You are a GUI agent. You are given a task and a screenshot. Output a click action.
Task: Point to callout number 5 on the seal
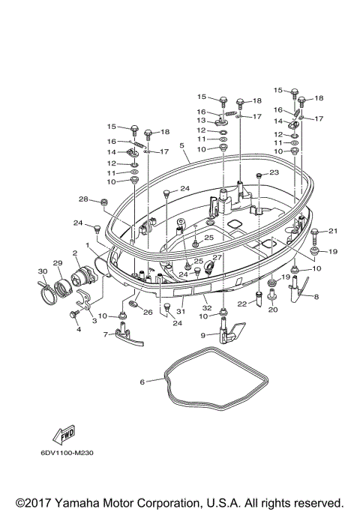[x=181, y=145]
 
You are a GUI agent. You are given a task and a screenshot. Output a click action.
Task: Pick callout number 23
[x=274, y=172]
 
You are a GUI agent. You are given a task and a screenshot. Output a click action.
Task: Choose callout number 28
[x=84, y=199]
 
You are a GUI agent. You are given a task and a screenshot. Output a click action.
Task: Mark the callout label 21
[x=334, y=231]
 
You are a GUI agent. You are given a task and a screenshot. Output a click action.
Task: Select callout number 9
[x=225, y=334]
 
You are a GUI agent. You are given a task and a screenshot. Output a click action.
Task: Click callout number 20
[x=273, y=309]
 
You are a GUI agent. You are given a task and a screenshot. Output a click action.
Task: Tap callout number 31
[x=180, y=310]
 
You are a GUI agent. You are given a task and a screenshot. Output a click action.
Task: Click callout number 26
[x=148, y=313]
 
